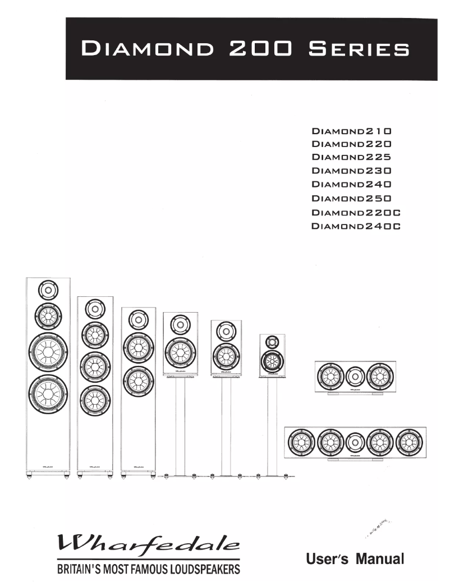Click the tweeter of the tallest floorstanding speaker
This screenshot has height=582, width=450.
pos(48,291)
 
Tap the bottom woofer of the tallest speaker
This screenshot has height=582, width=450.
pos(48,396)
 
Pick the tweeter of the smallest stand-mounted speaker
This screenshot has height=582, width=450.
pos(272,341)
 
